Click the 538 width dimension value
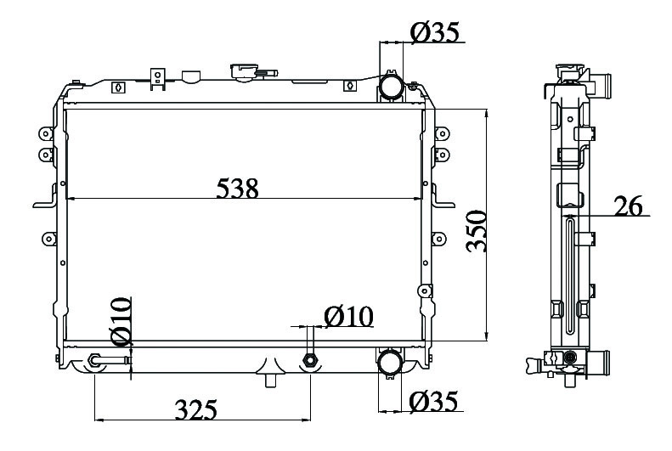(237, 189)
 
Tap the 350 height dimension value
(477, 231)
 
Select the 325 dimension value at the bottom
(196, 410)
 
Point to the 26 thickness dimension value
(629, 206)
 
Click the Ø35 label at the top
(435, 32)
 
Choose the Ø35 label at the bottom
(434, 402)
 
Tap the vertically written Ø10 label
(121, 322)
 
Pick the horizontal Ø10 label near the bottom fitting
(348, 317)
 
